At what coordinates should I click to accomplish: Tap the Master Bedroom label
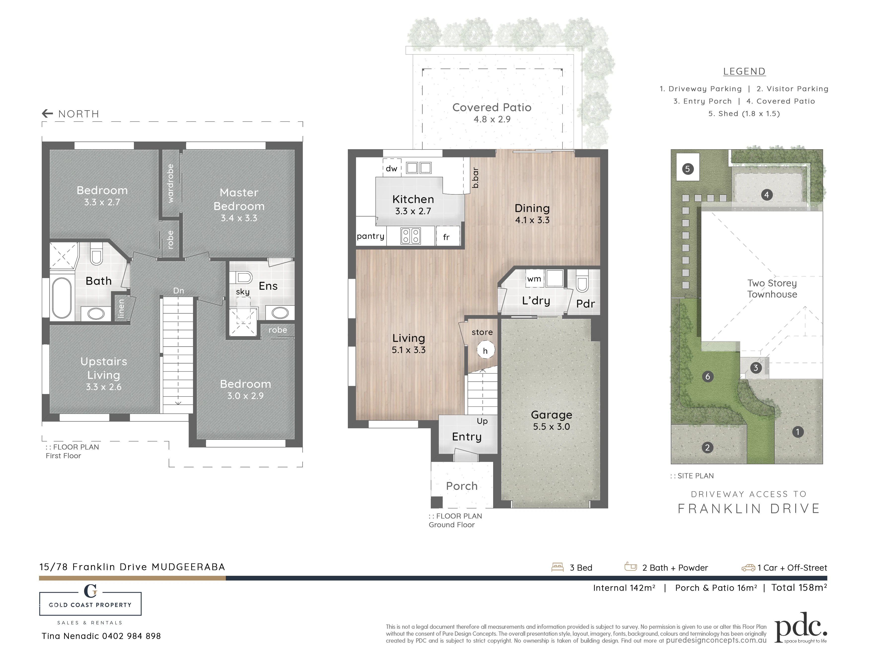[x=239, y=199]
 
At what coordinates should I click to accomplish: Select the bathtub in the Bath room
[x=62, y=298]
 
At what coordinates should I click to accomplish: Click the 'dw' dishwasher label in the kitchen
[x=392, y=169]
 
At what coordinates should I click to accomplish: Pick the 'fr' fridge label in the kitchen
[x=446, y=237]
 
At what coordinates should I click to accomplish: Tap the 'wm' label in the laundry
[x=534, y=279]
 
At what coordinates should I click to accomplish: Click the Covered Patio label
[x=492, y=108]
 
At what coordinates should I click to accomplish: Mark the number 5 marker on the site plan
[x=687, y=169]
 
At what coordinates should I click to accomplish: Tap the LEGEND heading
[x=744, y=72]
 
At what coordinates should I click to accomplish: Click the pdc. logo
[x=801, y=627]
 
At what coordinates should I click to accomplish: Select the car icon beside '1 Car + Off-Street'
[x=748, y=568]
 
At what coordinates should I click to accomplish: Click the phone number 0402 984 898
[x=132, y=636]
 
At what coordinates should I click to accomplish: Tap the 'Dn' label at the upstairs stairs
[x=179, y=291]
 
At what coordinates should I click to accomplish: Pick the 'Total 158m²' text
[x=799, y=587]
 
